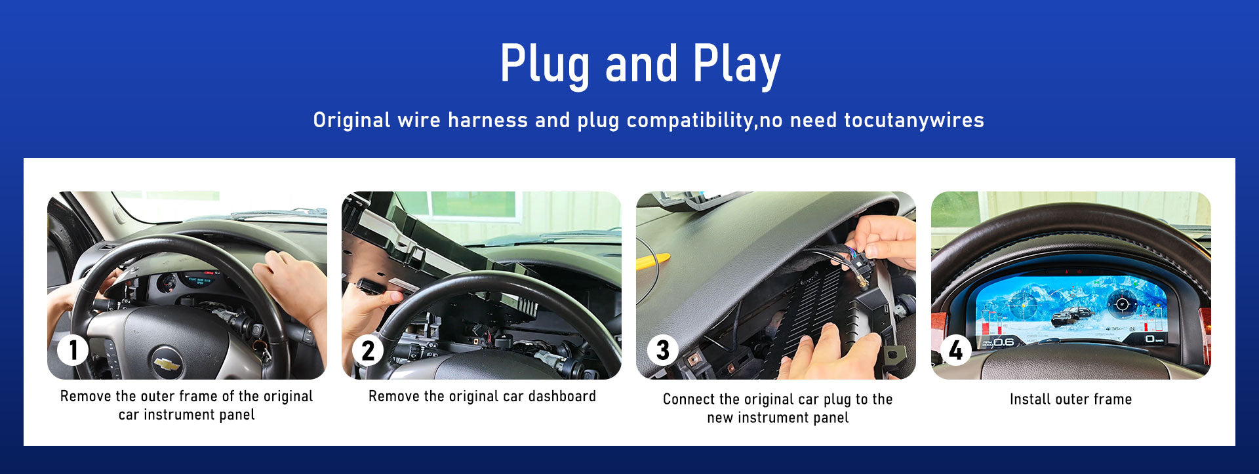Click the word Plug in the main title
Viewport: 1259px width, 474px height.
coord(545,65)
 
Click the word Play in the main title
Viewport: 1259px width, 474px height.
coord(736,65)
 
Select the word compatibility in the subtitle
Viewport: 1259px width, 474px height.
coord(690,121)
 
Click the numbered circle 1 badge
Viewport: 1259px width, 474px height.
coord(72,350)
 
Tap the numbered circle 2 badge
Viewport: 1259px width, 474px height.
coord(368,350)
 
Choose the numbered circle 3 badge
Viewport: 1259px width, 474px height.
coord(663,350)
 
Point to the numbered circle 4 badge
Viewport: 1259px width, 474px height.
coord(956,350)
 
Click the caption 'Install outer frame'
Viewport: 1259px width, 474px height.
coord(1071,399)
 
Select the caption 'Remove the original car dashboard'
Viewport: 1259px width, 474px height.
coord(482,396)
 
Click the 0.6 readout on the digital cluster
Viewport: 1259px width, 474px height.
coord(1003,342)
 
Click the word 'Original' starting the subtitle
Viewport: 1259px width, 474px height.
coord(343,121)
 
